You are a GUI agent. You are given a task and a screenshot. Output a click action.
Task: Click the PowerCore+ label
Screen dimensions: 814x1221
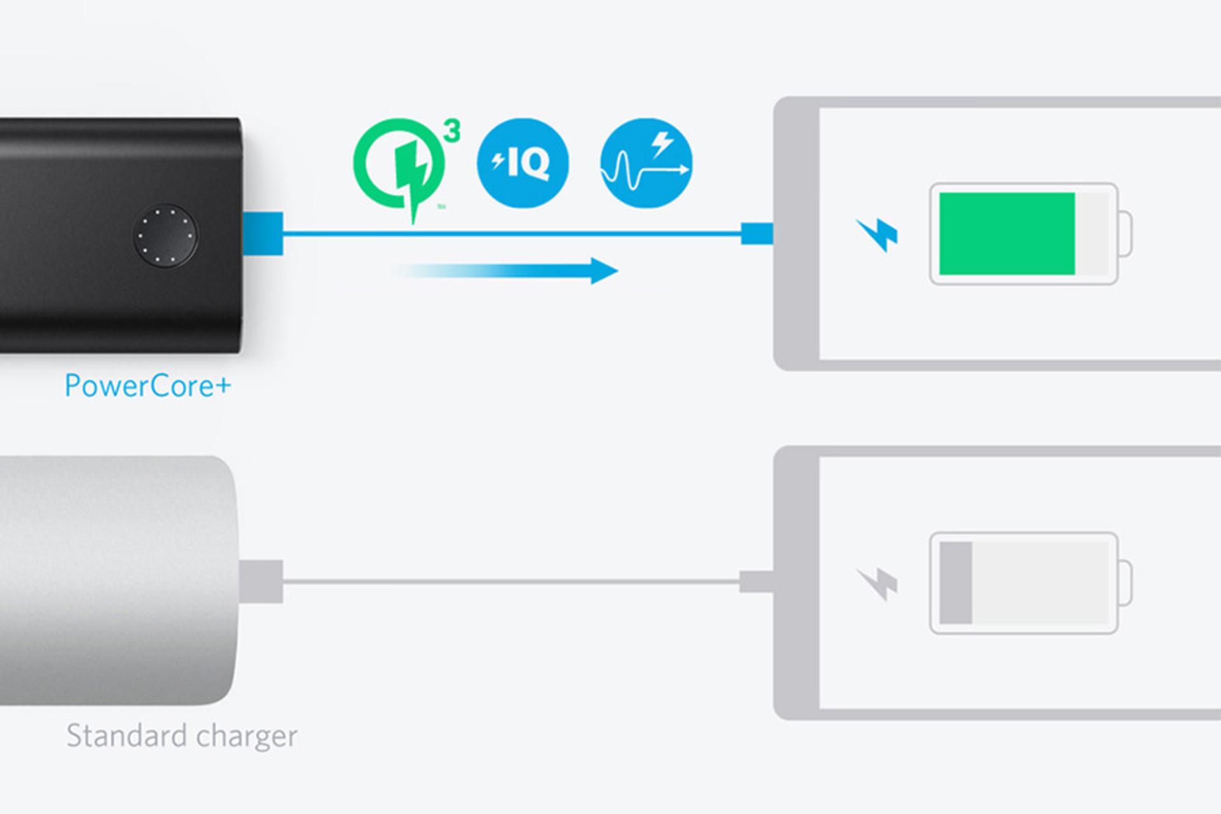pyautogui.click(x=148, y=386)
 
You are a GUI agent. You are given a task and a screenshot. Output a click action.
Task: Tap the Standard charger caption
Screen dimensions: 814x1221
pyautogui.click(x=182, y=736)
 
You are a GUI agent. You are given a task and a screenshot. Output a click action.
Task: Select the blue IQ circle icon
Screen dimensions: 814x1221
pyautogui.click(x=522, y=163)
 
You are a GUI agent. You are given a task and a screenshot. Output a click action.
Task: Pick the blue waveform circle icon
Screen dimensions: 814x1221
pyautogui.click(x=646, y=163)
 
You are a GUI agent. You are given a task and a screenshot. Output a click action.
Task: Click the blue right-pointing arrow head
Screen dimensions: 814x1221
pyautogui.click(x=604, y=271)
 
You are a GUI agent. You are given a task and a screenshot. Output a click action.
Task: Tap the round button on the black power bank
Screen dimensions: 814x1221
pyautogui.click(x=165, y=236)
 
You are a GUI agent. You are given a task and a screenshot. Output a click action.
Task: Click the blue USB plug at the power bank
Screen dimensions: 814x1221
pyautogui.click(x=263, y=233)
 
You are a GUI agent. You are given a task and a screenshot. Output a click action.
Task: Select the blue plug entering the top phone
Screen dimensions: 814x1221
pyautogui.click(x=757, y=233)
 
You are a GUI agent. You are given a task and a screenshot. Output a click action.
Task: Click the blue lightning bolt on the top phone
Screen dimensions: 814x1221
pyautogui.click(x=877, y=235)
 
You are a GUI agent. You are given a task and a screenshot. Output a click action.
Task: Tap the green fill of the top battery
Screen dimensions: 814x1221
pyautogui.click(x=1007, y=234)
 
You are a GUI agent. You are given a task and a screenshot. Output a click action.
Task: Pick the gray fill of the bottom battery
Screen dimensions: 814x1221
pyautogui.click(x=956, y=583)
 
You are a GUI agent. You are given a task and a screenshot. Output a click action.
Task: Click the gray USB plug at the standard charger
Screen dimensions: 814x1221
pyautogui.click(x=261, y=581)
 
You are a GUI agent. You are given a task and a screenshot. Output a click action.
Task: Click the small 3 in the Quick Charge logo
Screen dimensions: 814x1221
pyautogui.click(x=452, y=131)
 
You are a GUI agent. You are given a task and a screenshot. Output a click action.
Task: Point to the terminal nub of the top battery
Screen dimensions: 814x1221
pyautogui.click(x=1125, y=234)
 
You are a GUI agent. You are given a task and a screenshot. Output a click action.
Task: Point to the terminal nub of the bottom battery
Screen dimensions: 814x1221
pyautogui.click(x=1125, y=583)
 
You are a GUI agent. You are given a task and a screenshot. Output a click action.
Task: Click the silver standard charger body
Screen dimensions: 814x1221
pyautogui.click(x=114, y=580)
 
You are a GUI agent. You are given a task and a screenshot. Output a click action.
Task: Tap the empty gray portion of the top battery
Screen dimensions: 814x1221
pyautogui.click(x=1092, y=234)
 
